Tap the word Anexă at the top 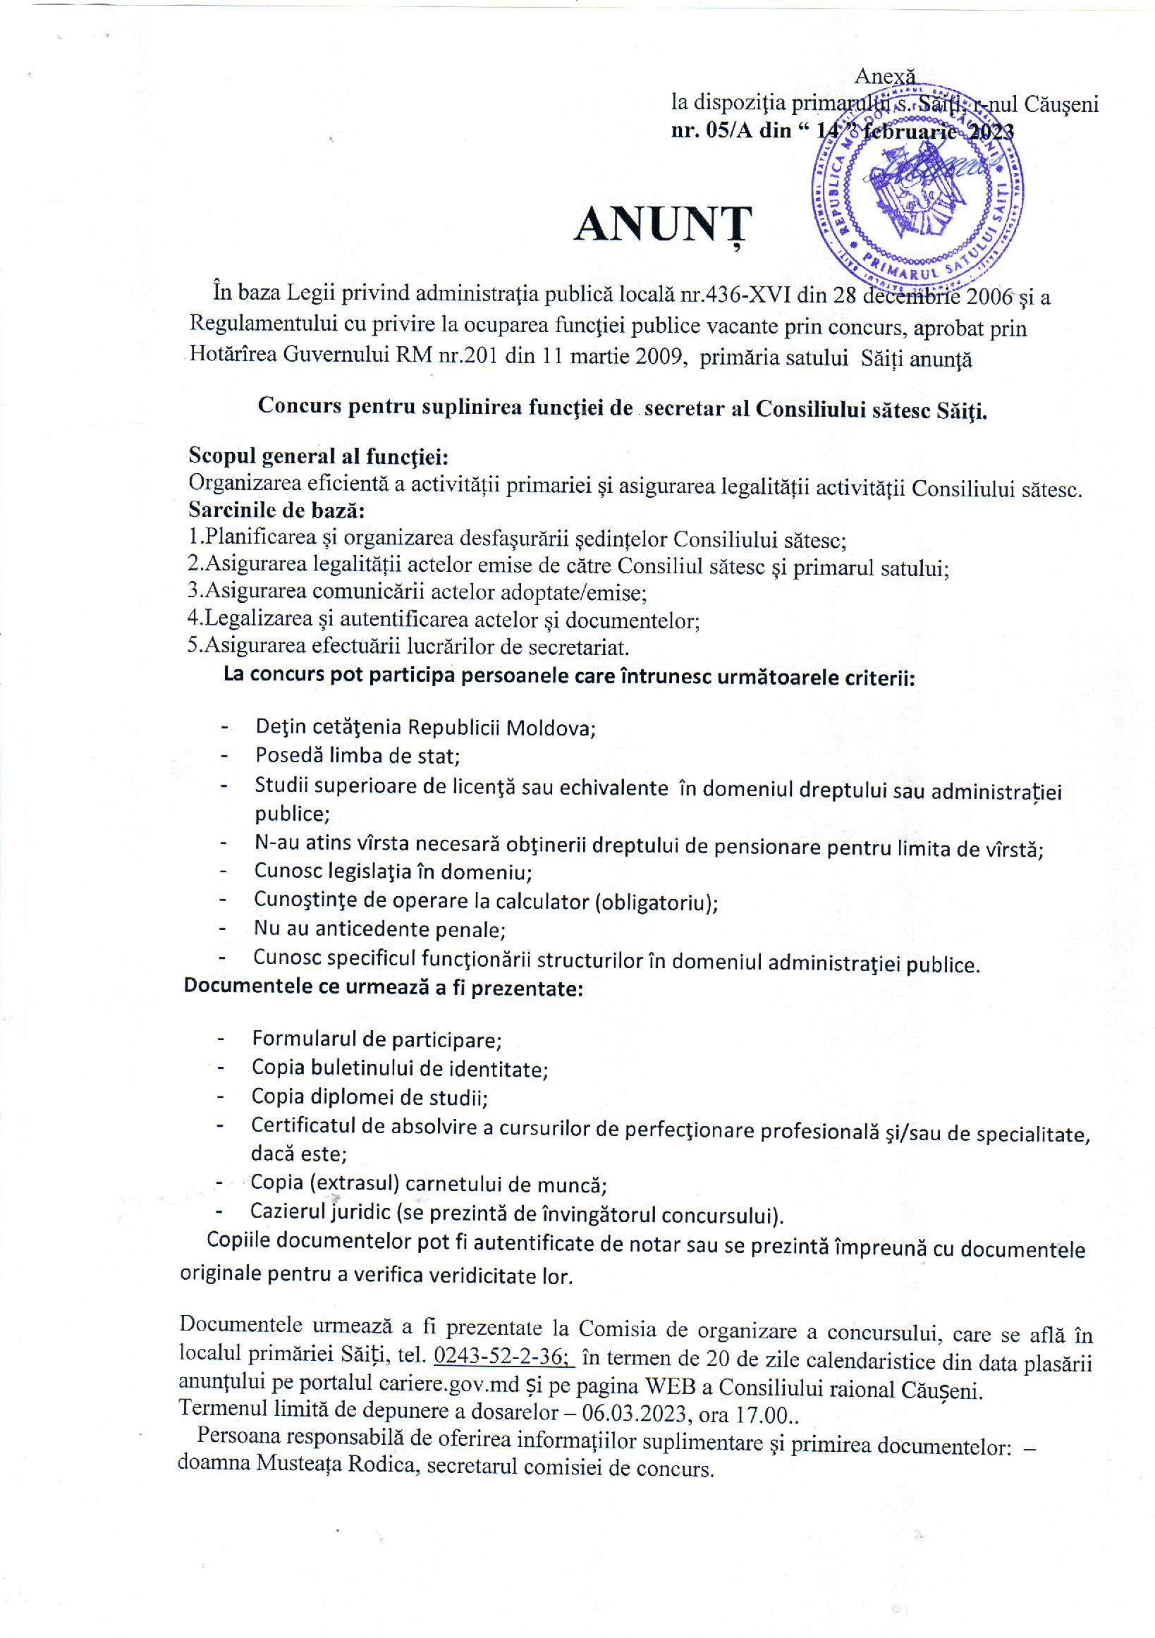click(x=885, y=75)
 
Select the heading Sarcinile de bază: click(x=277, y=510)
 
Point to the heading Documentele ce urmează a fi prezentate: click(x=384, y=987)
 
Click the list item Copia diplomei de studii click(x=369, y=1096)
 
